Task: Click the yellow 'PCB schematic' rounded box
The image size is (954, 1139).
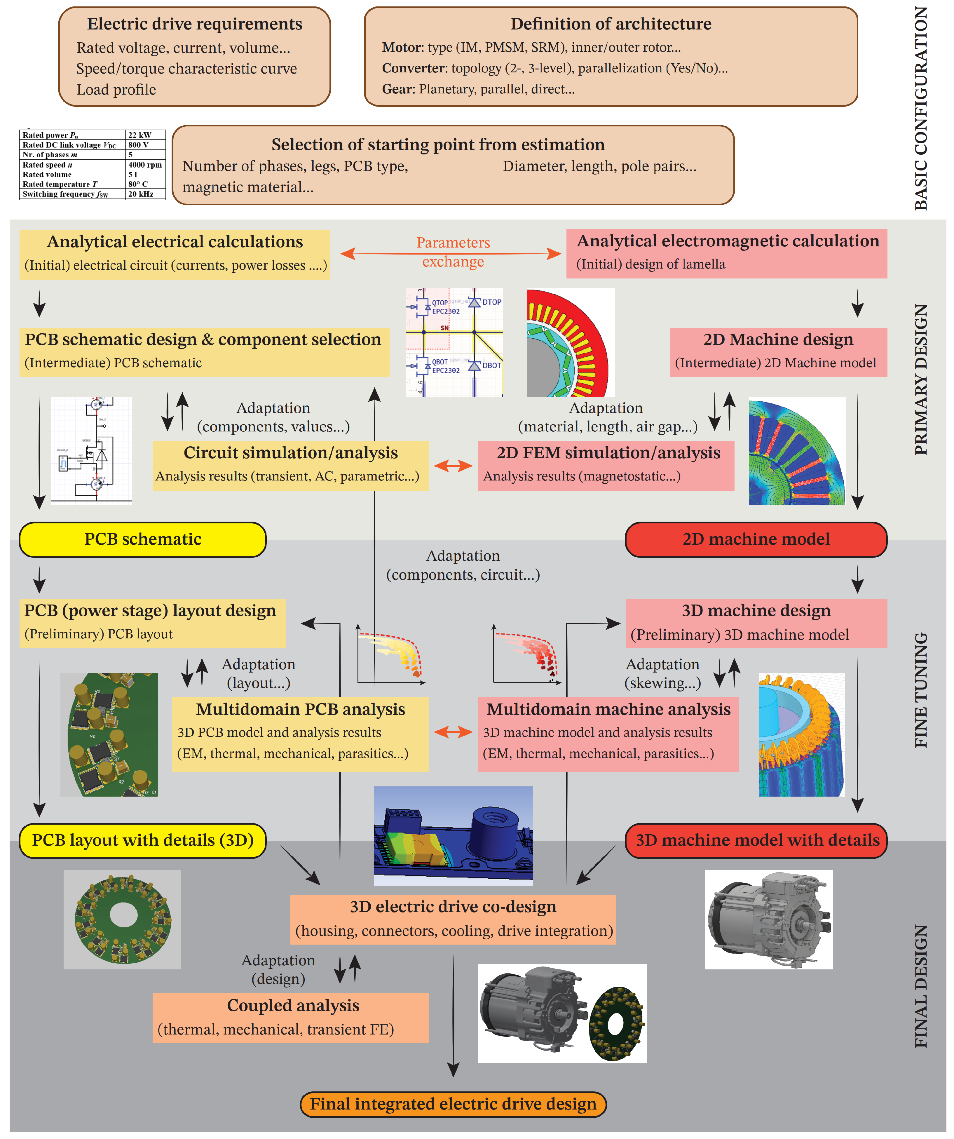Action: click(143, 539)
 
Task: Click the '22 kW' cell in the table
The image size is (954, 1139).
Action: click(139, 135)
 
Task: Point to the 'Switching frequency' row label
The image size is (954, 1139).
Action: click(65, 194)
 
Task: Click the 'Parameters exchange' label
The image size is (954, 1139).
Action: click(453, 252)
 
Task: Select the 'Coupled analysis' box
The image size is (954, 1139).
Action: click(290, 1018)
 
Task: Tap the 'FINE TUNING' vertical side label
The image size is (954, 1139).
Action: click(921, 690)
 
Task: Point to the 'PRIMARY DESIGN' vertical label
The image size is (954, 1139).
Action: click(921, 380)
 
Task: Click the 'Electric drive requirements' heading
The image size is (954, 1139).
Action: click(195, 24)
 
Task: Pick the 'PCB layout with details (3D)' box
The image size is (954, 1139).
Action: click(143, 840)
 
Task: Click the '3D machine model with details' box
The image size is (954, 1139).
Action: click(756, 840)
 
